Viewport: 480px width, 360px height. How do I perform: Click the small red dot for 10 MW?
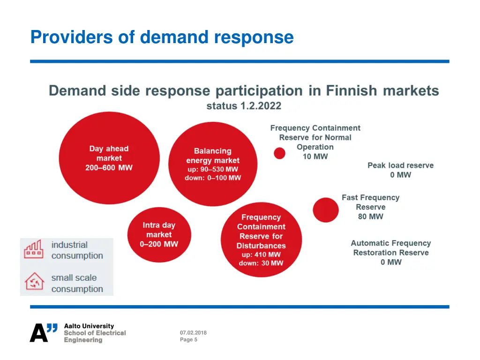[x=279, y=153]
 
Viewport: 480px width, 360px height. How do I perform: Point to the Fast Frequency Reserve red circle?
[x=325, y=210]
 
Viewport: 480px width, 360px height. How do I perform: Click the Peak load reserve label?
[x=400, y=165]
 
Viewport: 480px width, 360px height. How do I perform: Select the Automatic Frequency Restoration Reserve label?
[x=391, y=247]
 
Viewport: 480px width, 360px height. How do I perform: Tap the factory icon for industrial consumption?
[x=33, y=250]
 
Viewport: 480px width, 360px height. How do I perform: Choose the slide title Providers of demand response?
[x=162, y=37]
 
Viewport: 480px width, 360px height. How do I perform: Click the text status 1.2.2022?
[x=244, y=106]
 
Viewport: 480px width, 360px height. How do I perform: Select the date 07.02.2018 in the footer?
[x=193, y=333]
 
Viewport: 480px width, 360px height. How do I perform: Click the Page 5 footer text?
[x=188, y=340]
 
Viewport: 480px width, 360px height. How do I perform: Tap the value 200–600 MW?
[x=109, y=168]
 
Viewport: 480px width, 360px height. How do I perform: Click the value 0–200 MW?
[x=159, y=244]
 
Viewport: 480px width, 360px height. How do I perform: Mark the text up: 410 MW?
[x=261, y=255]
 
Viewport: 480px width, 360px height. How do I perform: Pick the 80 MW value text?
[x=370, y=217]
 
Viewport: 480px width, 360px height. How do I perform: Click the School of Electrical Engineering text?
[x=95, y=336]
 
